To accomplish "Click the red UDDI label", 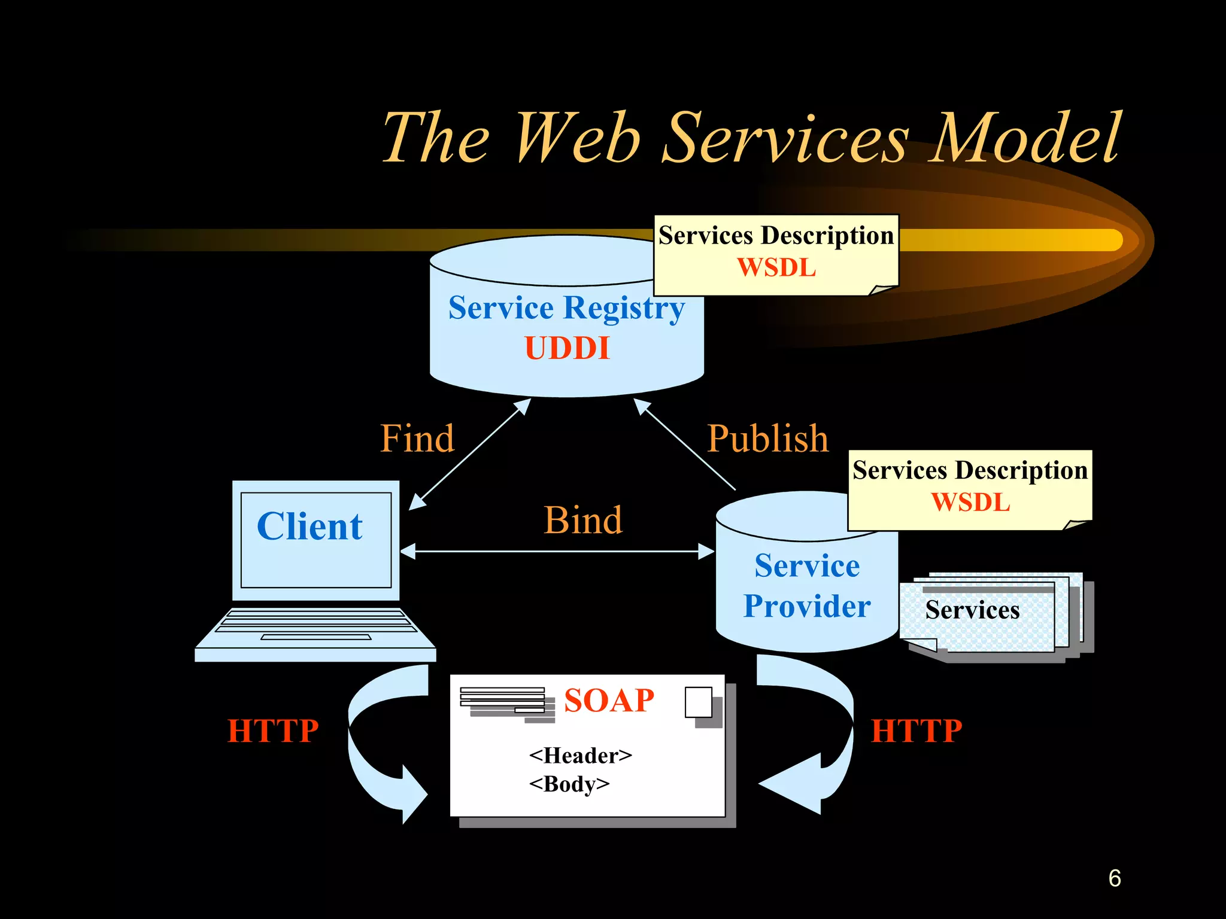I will click(x=567, y=348).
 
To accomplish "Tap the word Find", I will click(x=417, y=438).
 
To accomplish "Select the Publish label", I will click(x=767, y=438).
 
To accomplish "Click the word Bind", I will click(x=582, y=519).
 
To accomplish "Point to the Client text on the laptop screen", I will click(x=309, y=527).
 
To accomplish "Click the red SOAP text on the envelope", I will click(x=609, y=700).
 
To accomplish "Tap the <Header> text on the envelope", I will click(x=580, y=756).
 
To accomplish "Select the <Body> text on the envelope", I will click(x=569, y=784).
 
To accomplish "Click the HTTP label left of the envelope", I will click(x=273, y=731).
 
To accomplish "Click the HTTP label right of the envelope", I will click(x=916, y=731).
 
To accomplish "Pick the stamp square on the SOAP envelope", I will click(x=698, y=702).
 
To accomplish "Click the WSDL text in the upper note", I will click(x=776, y=267).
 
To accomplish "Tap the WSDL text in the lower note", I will click(x=970, y=502).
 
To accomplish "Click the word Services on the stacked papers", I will click(x=972, y=610).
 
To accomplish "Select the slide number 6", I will click(x=1114, y=878).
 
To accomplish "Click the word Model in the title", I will click(x=1025, y=139).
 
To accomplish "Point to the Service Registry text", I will click(x=566, y=308).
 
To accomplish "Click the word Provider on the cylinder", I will click(x=806, y=606).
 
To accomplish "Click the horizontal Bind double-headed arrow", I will click(x=557, y=551).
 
